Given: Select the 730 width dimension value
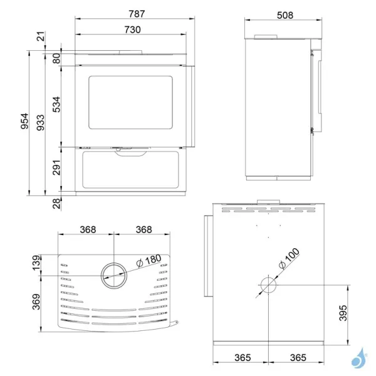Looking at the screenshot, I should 132,29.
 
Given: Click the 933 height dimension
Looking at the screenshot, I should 40,122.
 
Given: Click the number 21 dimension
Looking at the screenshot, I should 41,38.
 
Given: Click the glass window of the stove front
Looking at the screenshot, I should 132,103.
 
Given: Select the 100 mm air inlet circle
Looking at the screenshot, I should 268,286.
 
